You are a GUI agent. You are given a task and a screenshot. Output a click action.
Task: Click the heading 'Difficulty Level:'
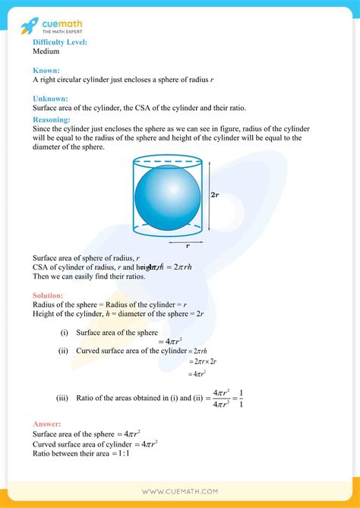(x=60, y=43)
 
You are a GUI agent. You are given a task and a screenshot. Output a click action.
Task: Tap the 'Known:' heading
(x=46, y=70)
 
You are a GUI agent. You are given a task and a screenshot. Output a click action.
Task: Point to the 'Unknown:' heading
(x=51, y=99)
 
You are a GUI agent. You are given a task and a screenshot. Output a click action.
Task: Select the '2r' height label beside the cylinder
(x=216, y=194)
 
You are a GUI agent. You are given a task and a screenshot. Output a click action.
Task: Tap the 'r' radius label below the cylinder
(x=188, y=246)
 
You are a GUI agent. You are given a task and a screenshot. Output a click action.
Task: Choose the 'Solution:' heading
(x=49, y=295)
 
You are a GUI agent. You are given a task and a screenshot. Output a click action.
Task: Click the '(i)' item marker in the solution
(x=64, y=333)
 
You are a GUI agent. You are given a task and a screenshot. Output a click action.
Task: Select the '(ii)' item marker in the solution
(x=65, y=351)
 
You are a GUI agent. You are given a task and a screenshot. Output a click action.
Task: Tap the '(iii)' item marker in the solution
(x=65, y=397)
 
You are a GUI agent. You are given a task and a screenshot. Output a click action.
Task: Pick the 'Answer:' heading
(x=47, y=424)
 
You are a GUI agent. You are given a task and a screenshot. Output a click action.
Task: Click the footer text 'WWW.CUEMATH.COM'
(x=179, y=492)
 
